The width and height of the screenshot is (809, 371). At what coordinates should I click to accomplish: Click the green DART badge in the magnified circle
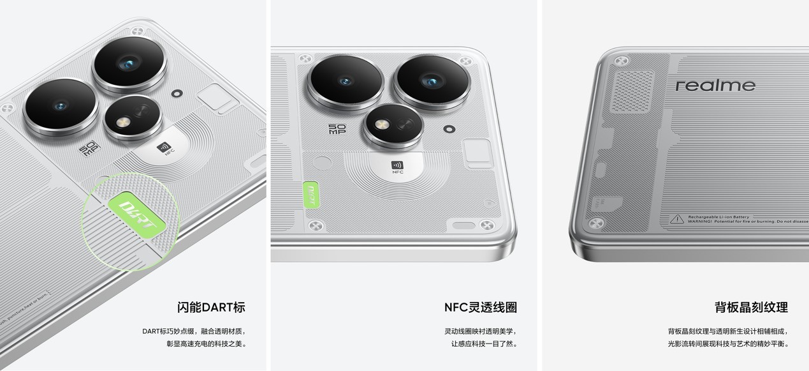click(x=137, y=212)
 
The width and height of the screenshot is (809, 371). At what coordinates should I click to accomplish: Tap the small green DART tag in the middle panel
click(x=310, y=194)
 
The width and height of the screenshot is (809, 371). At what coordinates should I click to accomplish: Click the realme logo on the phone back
click(x=715, y=86)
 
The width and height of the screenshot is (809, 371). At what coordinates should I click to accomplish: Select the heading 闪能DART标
click(x=210, y=307)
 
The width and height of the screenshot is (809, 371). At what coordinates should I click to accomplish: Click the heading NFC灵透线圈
click(x=480, y=307)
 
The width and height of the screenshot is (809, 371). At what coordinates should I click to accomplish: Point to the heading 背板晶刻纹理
click(x=751, y=307)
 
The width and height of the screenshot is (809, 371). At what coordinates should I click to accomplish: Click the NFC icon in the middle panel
click(x=397, y=167)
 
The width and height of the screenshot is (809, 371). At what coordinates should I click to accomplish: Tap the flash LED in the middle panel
click(x=382, y=125)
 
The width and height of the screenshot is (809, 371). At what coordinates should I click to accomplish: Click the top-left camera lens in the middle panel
click(x=346, y=81)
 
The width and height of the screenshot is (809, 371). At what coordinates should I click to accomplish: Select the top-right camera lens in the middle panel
click(x=432, y=82)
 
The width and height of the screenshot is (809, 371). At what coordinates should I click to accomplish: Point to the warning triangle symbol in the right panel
click(x=676, y=219)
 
